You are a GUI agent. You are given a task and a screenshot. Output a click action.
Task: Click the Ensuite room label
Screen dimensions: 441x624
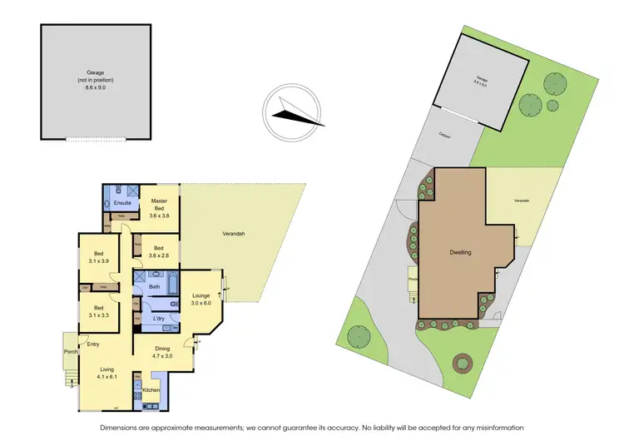(x=121, y=202)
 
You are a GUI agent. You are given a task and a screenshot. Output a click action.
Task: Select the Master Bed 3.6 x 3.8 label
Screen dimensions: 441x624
(x=159, y=209)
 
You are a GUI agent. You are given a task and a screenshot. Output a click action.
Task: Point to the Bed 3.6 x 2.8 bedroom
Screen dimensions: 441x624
(x=159, y=250)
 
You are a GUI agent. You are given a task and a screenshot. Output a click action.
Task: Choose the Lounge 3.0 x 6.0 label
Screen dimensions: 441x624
(x=201, y=299)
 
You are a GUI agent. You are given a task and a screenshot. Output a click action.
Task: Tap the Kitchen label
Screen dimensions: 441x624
(x=151, y=390)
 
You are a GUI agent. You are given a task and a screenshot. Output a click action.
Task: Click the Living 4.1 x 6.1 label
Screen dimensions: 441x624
(x=106, y=374)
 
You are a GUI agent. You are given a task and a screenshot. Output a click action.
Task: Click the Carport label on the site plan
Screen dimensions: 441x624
(x=447, y=135)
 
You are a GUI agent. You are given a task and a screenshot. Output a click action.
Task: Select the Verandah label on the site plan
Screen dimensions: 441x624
(x=523, y=201)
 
